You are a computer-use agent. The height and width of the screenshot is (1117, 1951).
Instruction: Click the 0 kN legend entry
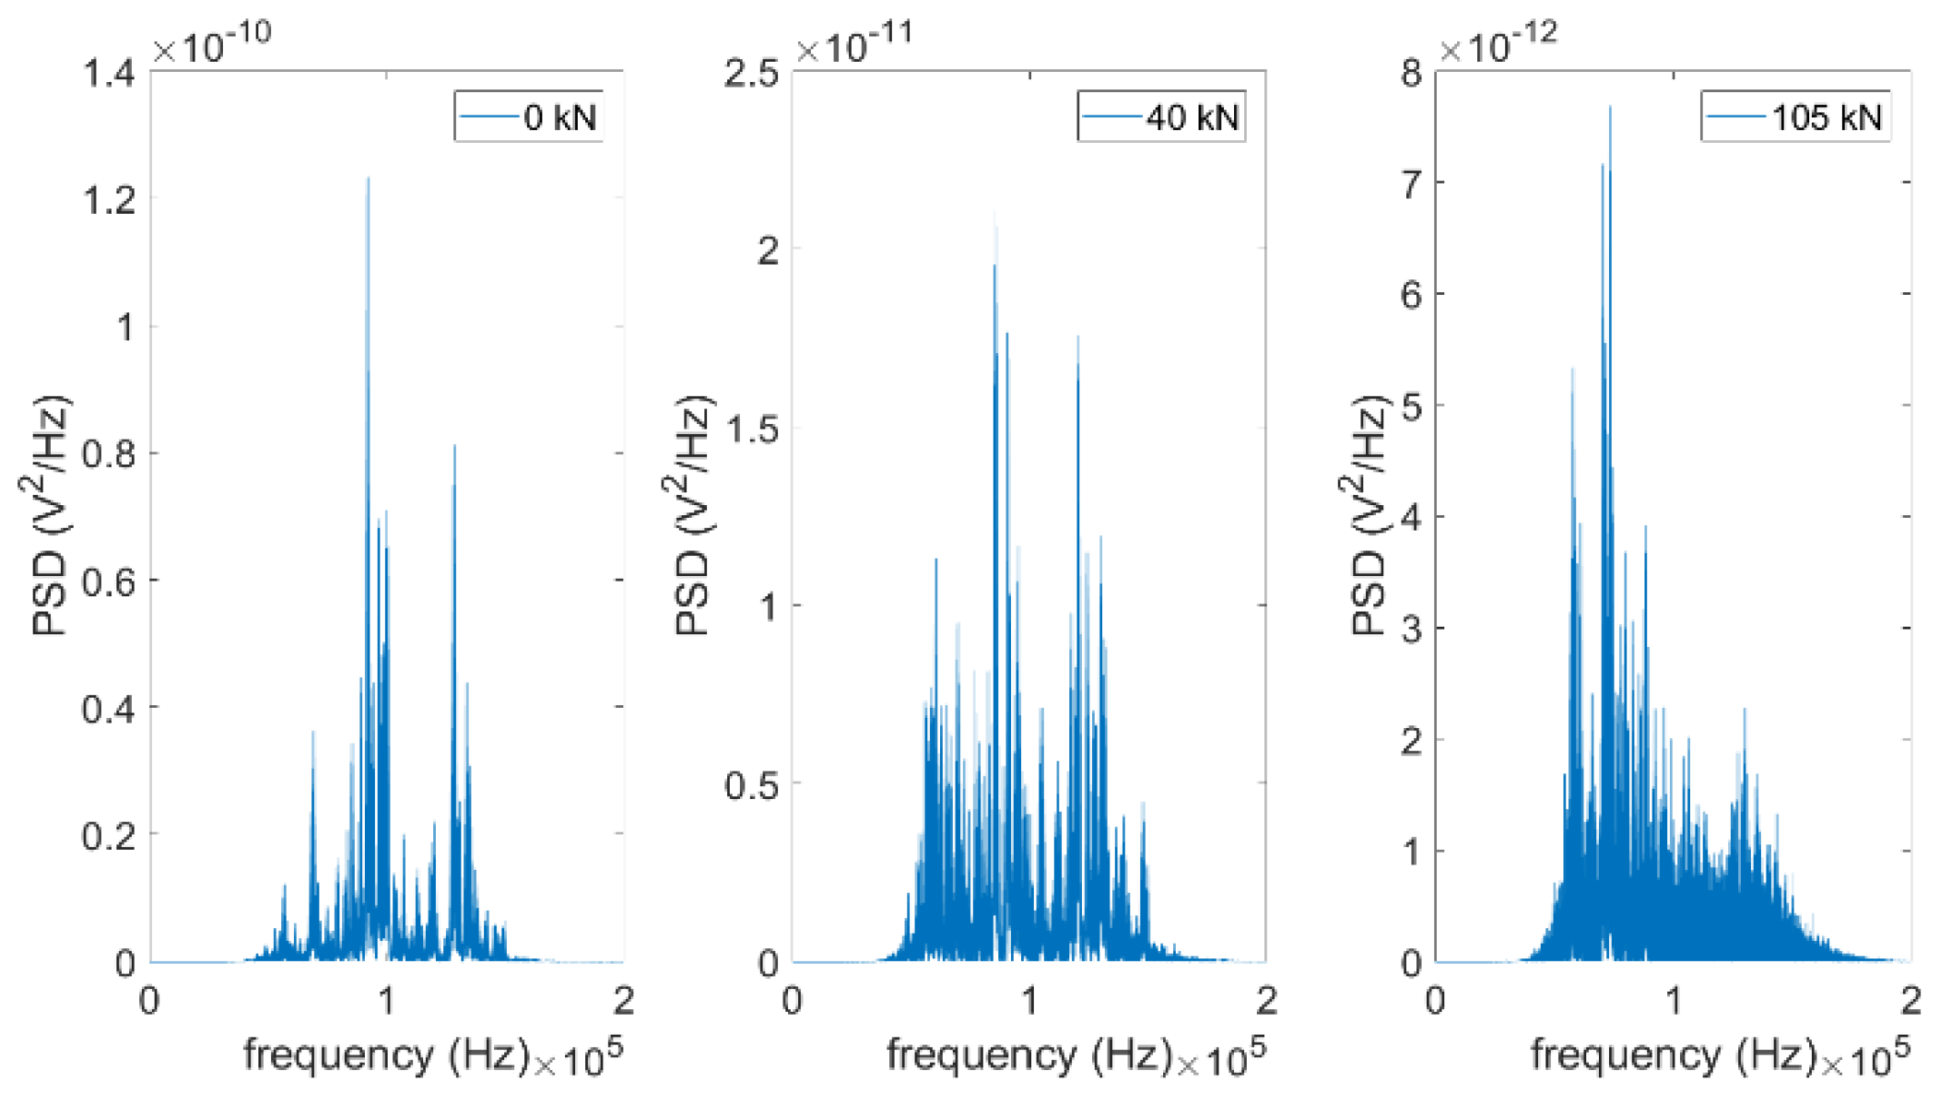pos(530,117)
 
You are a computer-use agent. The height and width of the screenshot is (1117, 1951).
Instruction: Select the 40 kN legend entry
pos(1162,117)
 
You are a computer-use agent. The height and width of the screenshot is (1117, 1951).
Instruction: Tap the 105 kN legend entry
pos(1796,117)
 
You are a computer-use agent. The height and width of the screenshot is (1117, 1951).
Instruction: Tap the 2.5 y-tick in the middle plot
pos(751,74)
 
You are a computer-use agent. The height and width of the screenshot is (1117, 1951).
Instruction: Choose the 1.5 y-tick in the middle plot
pos(751,429)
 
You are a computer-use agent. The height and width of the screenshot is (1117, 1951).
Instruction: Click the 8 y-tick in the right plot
pos(1410,74)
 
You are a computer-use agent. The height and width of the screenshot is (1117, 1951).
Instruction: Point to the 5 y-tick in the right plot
pos(1410,406)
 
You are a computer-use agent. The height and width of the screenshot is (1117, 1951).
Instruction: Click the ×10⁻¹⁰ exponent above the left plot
pos(212,44)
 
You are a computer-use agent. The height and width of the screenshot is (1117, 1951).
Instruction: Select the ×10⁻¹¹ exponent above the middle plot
pos(854,44)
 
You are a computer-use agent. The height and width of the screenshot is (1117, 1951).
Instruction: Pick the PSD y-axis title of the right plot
pos(1369,516)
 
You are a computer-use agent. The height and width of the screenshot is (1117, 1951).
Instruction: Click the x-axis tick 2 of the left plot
pos(624,1001)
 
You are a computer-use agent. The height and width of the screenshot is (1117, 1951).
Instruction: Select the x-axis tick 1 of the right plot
pos(1673,1001)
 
